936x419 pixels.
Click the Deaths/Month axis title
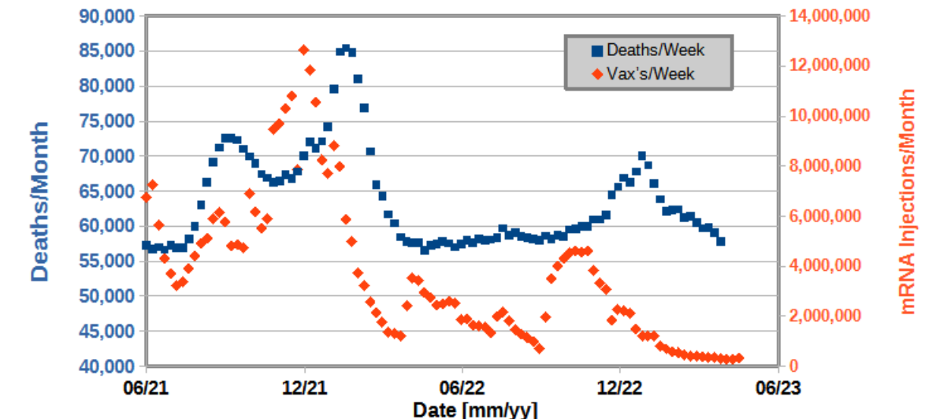point(40,202)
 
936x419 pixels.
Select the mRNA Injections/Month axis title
point(910,202)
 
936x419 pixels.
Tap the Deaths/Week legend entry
point(648,50)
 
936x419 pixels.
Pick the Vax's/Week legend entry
point(648,74)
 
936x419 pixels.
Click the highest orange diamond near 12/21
point(304,50)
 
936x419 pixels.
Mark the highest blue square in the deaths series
point(346,49)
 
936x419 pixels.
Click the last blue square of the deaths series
point(720,241)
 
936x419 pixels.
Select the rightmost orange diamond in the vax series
point(739,358)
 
